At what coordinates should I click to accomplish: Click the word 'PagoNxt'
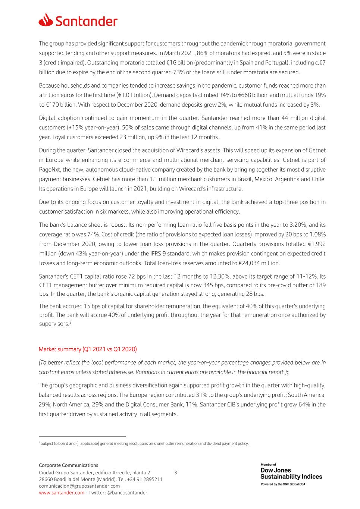tap(50, 170)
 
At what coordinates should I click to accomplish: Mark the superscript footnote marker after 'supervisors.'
tap(70, 322)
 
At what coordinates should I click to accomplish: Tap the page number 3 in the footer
tap(176, 473)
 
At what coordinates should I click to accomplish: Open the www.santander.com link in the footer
tap(62, 493)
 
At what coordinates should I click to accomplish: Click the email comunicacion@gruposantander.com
tap(79, 486)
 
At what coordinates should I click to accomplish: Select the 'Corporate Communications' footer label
tap(69, 465)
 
